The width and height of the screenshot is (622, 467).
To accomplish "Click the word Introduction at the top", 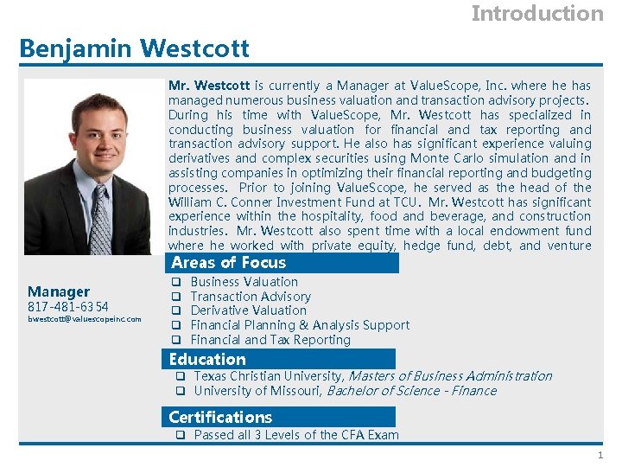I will (x=537, y=14).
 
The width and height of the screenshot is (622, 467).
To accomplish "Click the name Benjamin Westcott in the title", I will (x=134, y=48).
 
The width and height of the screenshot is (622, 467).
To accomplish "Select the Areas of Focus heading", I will (x=228, y=263).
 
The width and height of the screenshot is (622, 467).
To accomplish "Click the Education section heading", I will (x=207, y=359).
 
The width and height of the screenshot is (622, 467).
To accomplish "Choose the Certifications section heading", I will (x=220, y=417).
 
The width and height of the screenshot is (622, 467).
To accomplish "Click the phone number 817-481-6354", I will (x=68, y=307).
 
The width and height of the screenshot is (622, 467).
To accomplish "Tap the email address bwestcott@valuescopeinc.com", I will (x=85, y=320).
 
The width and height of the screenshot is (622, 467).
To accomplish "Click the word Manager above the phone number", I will (x=59, y=291).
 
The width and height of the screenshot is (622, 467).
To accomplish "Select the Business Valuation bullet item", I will (x=244, y=282).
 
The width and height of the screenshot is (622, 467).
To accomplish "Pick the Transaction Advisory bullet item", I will (x=251, y=297).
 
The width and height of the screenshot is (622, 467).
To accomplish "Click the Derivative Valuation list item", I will (x=248, y=310).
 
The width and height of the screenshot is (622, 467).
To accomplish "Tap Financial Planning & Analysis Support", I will (x=300, y=325).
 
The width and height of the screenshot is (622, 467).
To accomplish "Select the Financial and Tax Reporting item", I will (x=270, y=340).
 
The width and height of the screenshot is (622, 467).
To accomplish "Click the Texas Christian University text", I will (x=269, y=376).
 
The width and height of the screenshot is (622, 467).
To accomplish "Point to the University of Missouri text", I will (x=257, y=391).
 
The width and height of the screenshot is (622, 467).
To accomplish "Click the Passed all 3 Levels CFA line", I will (x=296, y=435).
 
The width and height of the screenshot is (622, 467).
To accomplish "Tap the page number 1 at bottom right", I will (x=599, y=456).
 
